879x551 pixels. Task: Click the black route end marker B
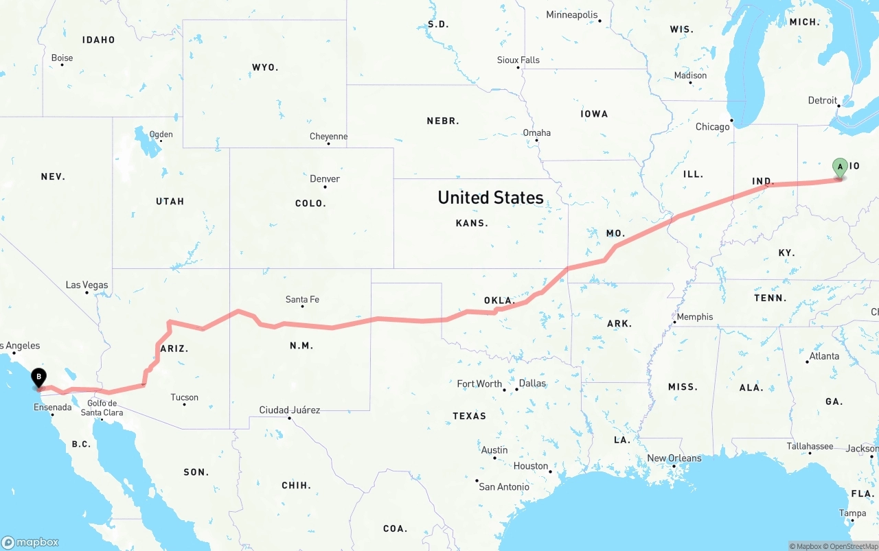click(39, 377)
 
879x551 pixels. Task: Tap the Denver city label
click(325, 179)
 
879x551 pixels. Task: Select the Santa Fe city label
click(302, 299)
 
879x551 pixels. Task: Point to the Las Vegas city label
click(87, 285)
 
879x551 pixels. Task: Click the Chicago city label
click(712, 127)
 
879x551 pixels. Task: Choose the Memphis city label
click(695, 317)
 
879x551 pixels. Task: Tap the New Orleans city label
click(674, 458)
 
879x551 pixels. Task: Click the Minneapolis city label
click(571, 15)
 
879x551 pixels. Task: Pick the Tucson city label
click(184, 397)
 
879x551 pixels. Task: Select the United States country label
click(490, 198)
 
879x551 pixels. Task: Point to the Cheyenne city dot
click(329, 144)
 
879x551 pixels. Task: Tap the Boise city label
click(62, 58)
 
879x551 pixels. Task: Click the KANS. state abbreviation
click(472, 223)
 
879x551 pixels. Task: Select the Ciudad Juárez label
click(289, 410)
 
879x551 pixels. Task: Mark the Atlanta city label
click(824, 356)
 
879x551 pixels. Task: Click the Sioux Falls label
click(518, 60)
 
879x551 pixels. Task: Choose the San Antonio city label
click(504, 486)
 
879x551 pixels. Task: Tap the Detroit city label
click(822, 101)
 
